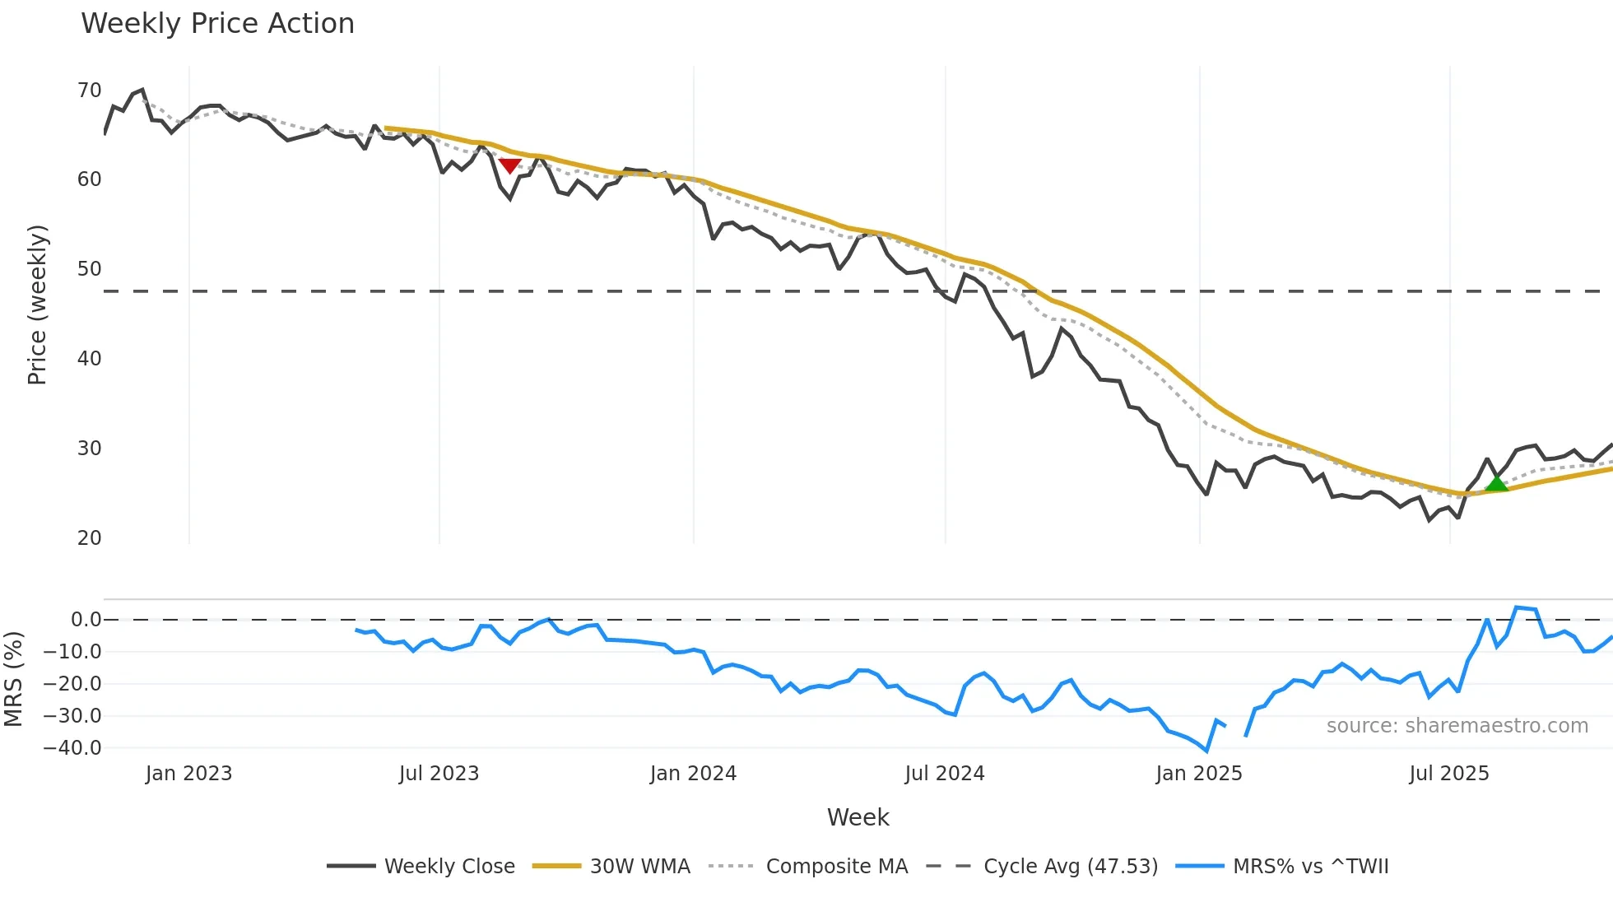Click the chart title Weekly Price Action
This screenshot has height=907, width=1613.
pyautogui.click(x=217, y=24)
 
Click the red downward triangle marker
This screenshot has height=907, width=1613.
pyautogui.click(x=509, y=165)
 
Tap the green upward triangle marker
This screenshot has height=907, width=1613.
pyautogui.click(x=1496, y=482)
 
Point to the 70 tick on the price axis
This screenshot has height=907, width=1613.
pyautogui.click(x=89, y=91)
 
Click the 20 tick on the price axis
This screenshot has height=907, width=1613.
pyautogui.click(x=89, y=538)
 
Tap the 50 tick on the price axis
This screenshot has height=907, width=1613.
pyautogui.click(x=89, y=269)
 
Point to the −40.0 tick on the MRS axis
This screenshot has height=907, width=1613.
pyautogui.click(x=72, y=748)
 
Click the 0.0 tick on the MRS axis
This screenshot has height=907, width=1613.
pyautogui.click(x=86, y=620)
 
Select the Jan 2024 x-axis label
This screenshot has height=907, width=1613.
pyautogui.click(x=693, y=774)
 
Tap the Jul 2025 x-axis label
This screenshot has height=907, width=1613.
pyautogui.click(x=1448, y=774)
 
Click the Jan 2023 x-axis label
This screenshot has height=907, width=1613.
pyautogui.click(x=188, y=774)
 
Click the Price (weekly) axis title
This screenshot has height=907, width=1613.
pyautogui.click(x=37, y=305)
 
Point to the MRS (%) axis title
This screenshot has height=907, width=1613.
pyautogui.click(x=13, y=679)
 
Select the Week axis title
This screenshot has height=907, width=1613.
pyautogui.click(x=858, y=817)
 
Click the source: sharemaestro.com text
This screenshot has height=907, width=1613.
pyautogui.click(x=1457, y=726)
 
